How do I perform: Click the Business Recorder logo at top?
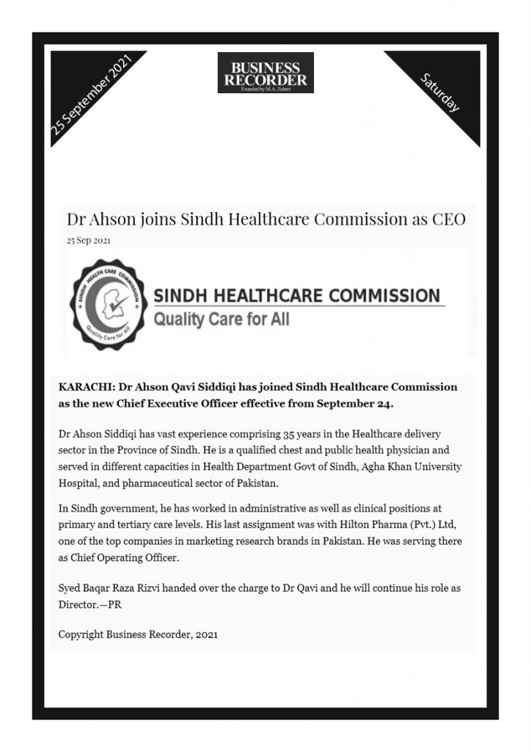(265, 73)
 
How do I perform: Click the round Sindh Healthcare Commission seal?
(109, 304)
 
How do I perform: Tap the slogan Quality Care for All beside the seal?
(221, 319)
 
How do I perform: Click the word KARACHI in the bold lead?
(84, 386)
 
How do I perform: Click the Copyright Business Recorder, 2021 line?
(138, 634)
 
